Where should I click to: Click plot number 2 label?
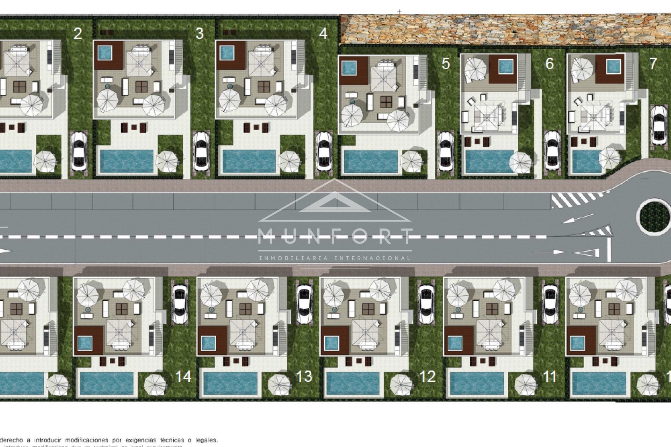(78, 34)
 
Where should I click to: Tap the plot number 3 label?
(199, 34)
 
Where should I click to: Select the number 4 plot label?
(323, 34)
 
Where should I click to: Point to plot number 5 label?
(445, 64)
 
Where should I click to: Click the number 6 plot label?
(549, 64)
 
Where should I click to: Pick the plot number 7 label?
(653, 64)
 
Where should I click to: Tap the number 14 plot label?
(183, 376)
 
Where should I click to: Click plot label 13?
(304, 376)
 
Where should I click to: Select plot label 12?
(427, 376)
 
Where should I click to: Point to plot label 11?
(549, 376)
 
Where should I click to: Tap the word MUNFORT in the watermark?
(335, 237)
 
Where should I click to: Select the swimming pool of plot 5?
(371, 162)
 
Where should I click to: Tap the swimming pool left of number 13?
(230, 383)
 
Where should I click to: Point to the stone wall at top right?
(503, 29)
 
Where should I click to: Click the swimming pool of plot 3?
(126, 162)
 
